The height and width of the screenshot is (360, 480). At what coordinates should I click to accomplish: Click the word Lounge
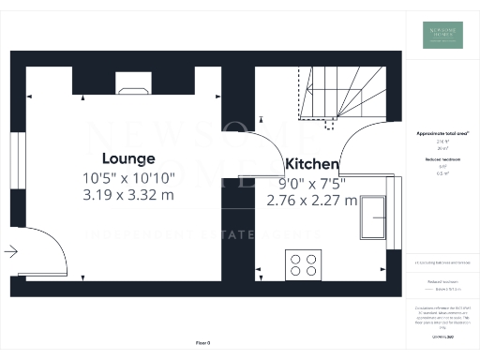pos(127,157)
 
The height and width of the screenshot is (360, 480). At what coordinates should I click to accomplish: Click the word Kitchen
pos(312,163)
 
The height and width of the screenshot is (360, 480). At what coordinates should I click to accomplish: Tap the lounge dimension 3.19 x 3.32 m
pos(127,195)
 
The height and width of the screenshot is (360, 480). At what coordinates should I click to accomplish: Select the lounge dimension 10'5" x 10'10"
pos(127,177)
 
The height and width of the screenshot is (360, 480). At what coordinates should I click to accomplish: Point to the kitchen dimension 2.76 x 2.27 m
pos(311,200)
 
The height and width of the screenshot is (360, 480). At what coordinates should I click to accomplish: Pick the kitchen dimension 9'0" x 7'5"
pos(311,183)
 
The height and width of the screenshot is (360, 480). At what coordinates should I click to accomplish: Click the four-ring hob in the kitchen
pos(303,265)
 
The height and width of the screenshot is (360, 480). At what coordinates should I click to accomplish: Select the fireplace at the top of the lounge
pos(130,89)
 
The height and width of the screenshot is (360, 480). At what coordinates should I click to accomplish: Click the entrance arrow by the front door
pos(11,250)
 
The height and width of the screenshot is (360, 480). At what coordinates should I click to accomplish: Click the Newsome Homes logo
pos(442,34)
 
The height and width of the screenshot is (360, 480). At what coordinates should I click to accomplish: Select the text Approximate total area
pos(442,133)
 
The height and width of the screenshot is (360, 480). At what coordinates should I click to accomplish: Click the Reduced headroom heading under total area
pos(442,160)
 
